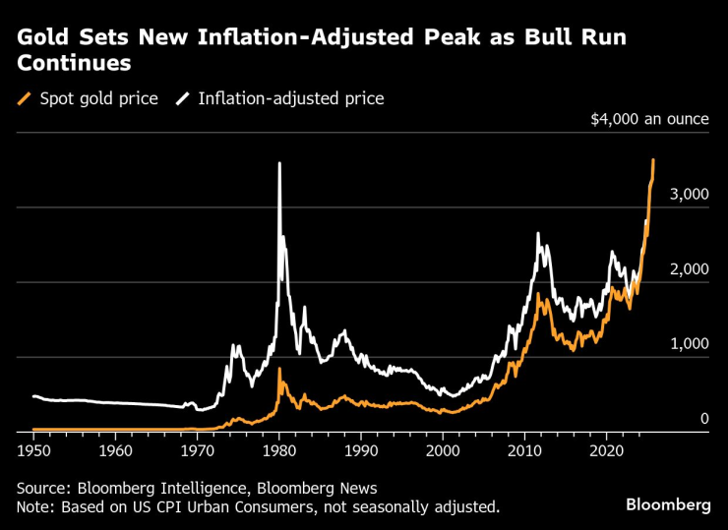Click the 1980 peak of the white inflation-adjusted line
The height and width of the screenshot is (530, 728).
click(279, 164)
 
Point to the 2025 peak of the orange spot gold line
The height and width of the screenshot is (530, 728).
click(653, 160)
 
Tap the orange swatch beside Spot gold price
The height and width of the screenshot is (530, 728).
click(25, 98)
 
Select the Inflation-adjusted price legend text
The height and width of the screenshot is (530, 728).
click(290, 98)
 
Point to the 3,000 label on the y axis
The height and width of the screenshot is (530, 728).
click(689, 195)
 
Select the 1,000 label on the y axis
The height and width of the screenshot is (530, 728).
click(689, 344)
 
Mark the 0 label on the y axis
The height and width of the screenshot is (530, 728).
click(703, 419)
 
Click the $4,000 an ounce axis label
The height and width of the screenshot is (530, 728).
click(649, 119)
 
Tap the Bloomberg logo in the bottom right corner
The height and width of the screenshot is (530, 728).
click(668, 504)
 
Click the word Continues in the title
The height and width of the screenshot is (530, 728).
click(74, 64)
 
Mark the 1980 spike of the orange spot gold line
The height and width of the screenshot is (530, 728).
click(279, 370)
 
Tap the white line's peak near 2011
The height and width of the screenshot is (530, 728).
click(538, 234)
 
